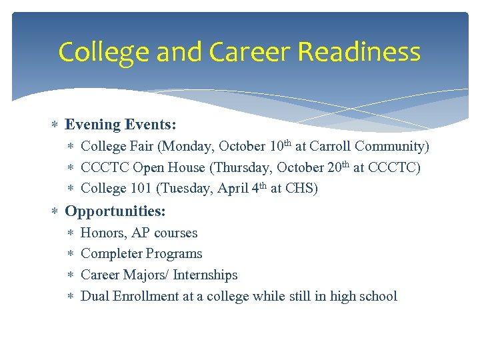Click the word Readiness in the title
pyautogui.click(x=359, y=52)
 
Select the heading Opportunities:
pyautogui.click(x=115, y=211)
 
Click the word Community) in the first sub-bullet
pyautogui.click(x=393, y=146)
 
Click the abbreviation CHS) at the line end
pyautogui.click(x=301, y=189)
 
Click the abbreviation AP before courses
pyautogui.click(x=141, y=233)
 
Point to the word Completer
pyautogui.click(x=111, y=253)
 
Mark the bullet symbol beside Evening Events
pyautogui.click(x=55, y=125)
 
